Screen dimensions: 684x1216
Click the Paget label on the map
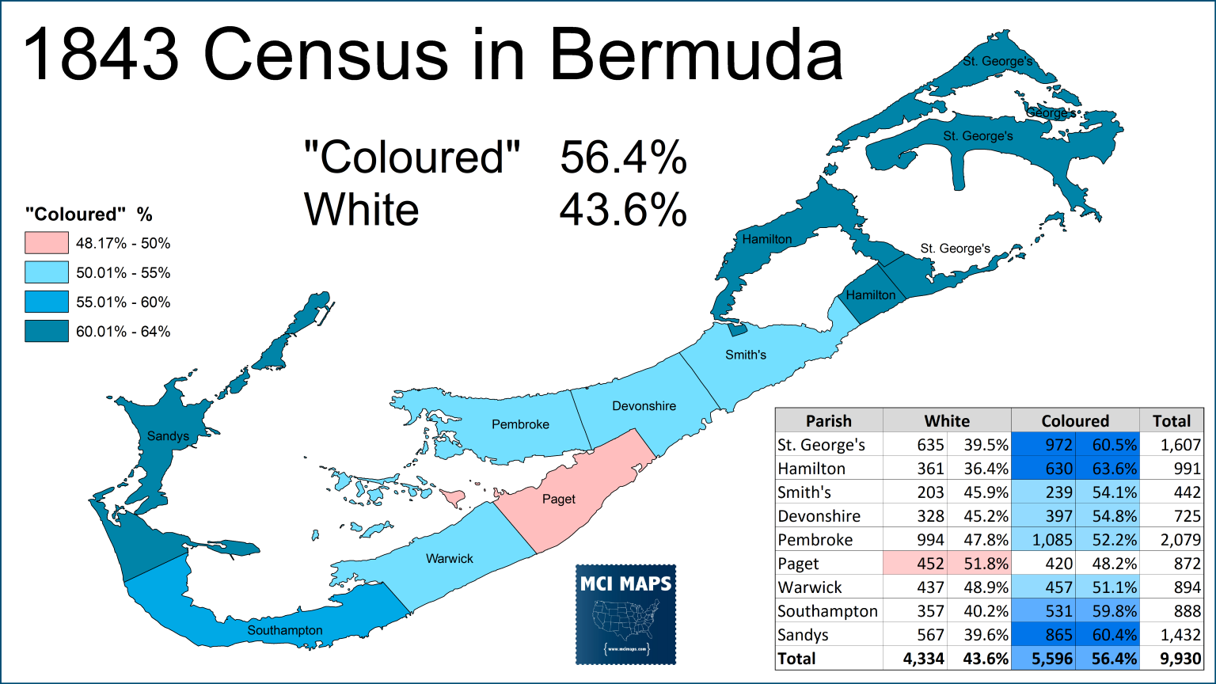click(x=559, y=500)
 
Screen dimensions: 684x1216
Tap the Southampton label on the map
click(x=285, y=630)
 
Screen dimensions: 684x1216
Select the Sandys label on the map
click(x=168, y=436)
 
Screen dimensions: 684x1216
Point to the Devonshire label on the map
click(x=644, y=406)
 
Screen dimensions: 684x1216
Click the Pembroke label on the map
click(x=520, y=424)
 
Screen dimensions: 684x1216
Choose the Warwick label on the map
click(x=450, y=559)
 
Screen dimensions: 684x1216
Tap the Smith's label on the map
click(x=746, y=355)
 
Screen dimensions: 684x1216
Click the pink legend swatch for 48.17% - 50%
click(x=47, y=243)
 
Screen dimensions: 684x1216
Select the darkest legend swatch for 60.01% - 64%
click(x=47, y=331)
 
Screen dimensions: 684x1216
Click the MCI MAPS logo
click(x=625, y=614)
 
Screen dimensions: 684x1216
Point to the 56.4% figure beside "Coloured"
click(x=623, y=158)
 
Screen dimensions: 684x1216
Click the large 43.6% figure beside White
click(x=623, y=211)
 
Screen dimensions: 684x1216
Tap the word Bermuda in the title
click(x=696, y=55)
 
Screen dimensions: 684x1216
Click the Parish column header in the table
click(x=828, y=421)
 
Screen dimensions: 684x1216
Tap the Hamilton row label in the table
click(x=811, y=469)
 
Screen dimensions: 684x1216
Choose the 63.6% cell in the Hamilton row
click(x=1115, y=469)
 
